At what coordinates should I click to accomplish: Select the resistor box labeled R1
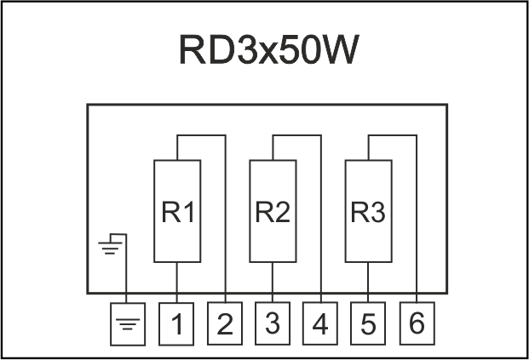tap(177, 211)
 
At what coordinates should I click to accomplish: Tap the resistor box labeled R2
tap(273, 211)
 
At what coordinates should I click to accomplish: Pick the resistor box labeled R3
tap(368, 211)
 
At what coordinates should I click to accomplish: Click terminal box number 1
tap(177, 323)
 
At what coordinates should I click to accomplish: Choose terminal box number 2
tap(225, 323)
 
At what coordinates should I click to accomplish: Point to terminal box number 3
tap(273, 323)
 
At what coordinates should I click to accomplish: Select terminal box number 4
tap(320, 323)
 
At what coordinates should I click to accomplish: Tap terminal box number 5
tap(368, 323)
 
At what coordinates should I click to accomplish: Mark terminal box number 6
tap(416, 323)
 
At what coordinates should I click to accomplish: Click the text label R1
tap(177, 212)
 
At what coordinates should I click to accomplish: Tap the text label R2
tap(273, 212)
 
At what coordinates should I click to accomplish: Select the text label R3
tap(368, 212)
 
